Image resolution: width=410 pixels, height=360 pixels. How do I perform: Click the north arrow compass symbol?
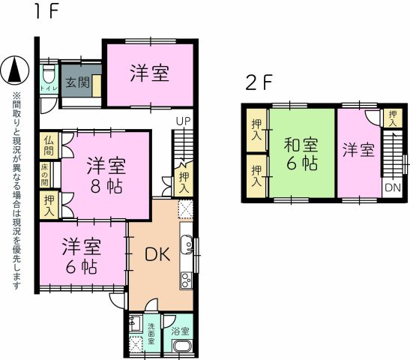pyautogui.click(x=15, y=70)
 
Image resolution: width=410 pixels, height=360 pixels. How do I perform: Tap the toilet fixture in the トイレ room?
pyautogui.click(x=49, y=73)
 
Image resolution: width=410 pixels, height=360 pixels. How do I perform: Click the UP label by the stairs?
pyautogui.click(x=184, y=121)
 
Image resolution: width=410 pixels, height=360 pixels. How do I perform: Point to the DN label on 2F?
pyautogui.click(x=393, y=187)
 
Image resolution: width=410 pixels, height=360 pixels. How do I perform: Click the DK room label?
pyautogui.click(x=157, y=254)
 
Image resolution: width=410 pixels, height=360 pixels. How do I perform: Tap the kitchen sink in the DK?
pyautogui.click(x=187, y=244)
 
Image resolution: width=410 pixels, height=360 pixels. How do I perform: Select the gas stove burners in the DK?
pyautogui.click(x=187, y=280)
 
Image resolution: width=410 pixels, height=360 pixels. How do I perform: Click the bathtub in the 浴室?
pyautogui.click(x=182, y=346)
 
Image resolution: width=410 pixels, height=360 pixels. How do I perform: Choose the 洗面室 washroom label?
pyautogui.click(x=151, y=334)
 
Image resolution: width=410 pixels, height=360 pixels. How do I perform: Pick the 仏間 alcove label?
pyautogui.click(x=49, y=146)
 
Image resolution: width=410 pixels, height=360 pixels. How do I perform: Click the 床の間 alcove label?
pyautogui.click(x=44, y=175)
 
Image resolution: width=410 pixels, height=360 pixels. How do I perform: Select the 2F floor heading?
pyautogui.click(x=259, y=82)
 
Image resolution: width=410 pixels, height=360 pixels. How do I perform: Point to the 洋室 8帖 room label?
pyautogui.click(x=106, y=175)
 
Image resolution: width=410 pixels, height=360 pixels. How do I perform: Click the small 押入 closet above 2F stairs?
pyautogui.click(x=393, y=118)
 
